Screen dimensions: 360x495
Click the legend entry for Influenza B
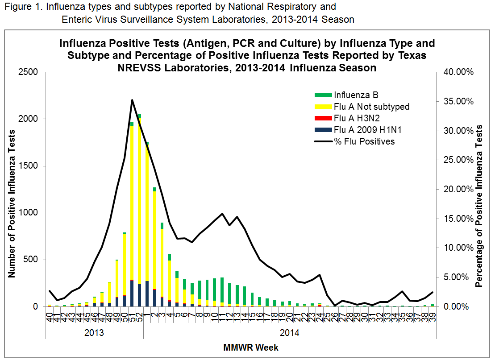[x=356, y=95]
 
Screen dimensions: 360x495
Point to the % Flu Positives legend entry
[x=364, y=141]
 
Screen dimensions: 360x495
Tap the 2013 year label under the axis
[x=94, y=332]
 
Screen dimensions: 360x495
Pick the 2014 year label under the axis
[x=289, y=332]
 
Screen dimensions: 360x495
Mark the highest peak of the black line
[x=132, y=100]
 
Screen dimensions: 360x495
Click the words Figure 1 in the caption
[x=21, y=8]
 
